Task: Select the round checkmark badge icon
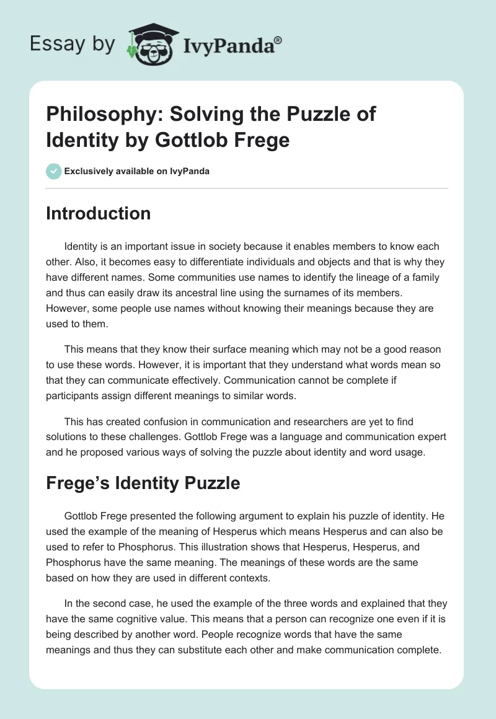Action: [53, 171]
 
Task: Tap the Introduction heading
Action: [99, 214]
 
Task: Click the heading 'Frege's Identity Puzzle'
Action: [143, 483]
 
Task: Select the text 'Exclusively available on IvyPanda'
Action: [136, 171]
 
